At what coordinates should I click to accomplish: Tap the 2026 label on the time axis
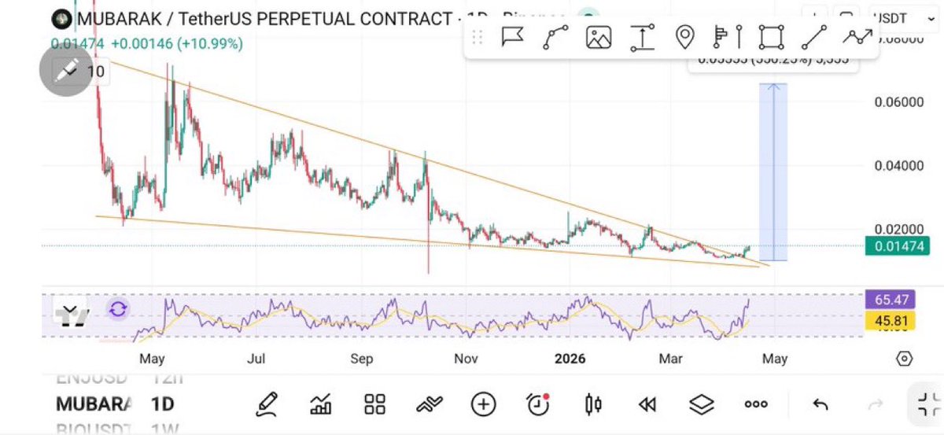570,359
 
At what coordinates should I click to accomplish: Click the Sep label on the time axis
362,359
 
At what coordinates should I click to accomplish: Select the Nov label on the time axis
466,359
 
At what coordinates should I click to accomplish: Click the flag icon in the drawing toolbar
513,37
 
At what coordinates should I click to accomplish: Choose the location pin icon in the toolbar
685,37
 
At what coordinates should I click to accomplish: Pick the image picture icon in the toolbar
599,37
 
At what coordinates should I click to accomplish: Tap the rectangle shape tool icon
772,37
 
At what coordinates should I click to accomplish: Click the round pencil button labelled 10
66,72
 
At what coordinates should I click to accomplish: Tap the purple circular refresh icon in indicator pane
118,309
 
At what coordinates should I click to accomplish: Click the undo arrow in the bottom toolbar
820,404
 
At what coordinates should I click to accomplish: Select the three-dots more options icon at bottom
756,404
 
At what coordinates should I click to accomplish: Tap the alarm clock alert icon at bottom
538,404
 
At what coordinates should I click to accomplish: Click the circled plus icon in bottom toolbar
483,404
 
